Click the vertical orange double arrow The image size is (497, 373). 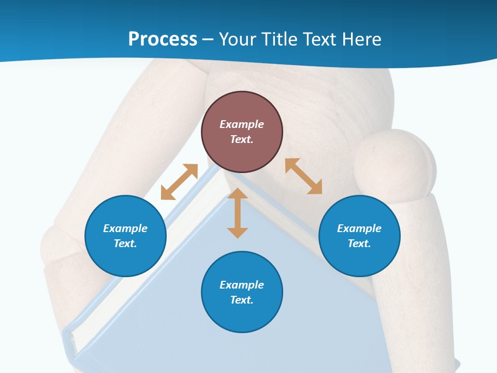(238, 213)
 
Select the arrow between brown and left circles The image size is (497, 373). (179, 182)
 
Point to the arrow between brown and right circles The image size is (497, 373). (303, 176)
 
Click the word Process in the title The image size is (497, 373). (163, 39)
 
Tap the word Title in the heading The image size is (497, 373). (280, 39)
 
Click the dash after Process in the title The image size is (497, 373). (208, 39)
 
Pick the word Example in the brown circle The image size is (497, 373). (242, 124)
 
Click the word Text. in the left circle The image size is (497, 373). (125, 243)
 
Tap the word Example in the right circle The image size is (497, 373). (359, 228)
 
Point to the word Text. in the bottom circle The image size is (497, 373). (242, 300)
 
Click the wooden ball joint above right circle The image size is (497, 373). (394, 163)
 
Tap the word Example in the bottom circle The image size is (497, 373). (242, 285)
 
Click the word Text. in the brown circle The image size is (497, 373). (242, 139)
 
